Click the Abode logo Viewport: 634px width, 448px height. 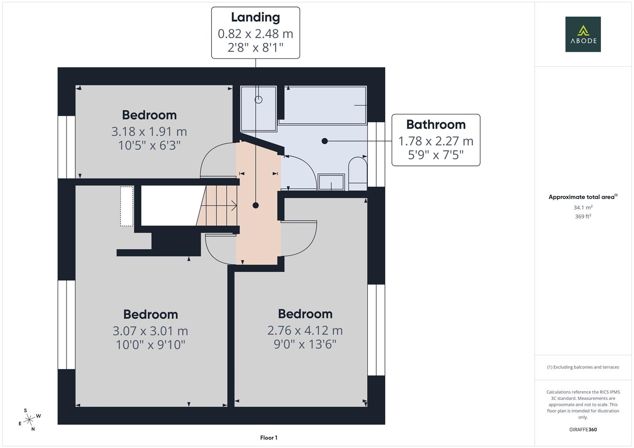point(583,34)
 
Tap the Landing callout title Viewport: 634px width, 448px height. point(255,17)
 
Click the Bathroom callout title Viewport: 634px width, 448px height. point(436,124)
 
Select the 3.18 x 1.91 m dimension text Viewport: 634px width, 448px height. point(149,131)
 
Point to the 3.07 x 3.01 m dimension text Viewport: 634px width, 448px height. point(150,331)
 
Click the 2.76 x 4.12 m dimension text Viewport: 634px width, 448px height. point(305,330)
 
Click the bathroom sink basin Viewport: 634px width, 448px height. point(331,182)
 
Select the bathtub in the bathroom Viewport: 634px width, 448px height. point(322,105)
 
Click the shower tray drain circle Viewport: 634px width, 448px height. point(258,100)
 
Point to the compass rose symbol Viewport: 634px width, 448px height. point(29,420)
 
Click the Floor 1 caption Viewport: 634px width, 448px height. point(269,438)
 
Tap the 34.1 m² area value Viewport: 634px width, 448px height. point(583,207)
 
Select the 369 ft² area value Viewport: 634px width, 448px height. point(583,217)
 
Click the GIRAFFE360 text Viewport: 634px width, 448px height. point(583,429)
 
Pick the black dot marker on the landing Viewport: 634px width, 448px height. point(256,205)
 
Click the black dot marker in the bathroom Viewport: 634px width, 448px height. point(325,141)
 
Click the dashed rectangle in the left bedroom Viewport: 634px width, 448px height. point(127,206)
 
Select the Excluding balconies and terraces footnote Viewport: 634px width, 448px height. point(583,367)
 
